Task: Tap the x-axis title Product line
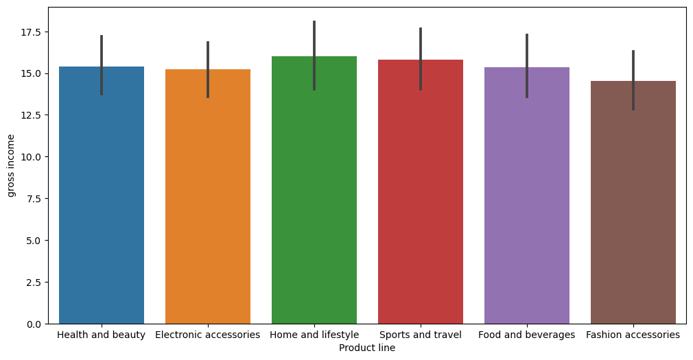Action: (367, 348)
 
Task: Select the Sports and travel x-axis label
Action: (421, 335)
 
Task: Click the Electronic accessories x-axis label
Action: (208, 335)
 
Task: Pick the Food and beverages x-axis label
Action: (527, 335)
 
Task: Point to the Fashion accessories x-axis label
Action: (633, 335)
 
